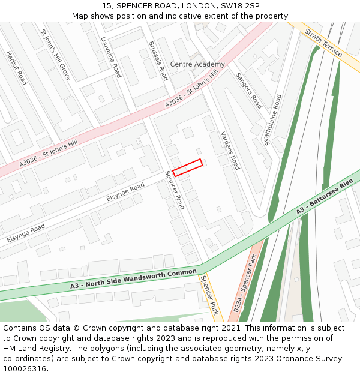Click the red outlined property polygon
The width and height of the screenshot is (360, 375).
tap(187, 167)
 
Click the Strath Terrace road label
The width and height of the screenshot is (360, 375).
tap(323, 43)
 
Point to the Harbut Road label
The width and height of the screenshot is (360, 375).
tap(16, 67)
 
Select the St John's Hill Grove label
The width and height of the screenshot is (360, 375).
tap(55, 55)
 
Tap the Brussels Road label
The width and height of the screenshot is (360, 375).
tap(158, 61)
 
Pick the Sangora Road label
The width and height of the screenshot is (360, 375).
tap(249, 91)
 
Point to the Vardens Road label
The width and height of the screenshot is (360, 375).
tap(230, 150)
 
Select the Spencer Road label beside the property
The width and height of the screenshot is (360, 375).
tap(175, 190)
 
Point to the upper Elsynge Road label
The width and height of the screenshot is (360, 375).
tap(125, 191)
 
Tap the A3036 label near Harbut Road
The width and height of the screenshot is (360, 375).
tap(49, 154)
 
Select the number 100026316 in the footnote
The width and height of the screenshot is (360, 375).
tap(26, 368)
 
